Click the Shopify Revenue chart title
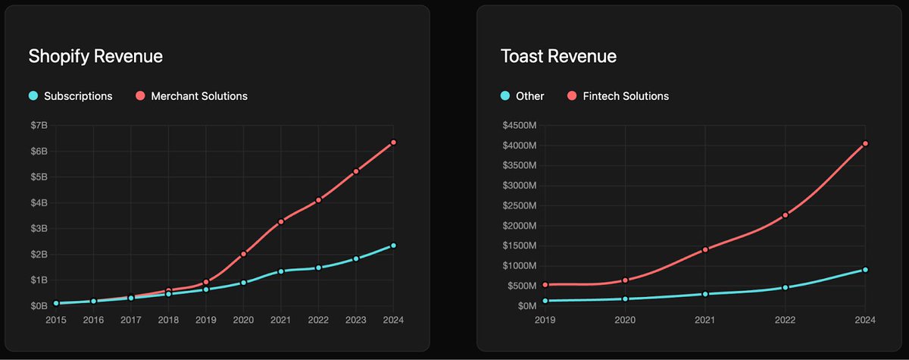[x=95, y=56]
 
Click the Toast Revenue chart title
[x=558, y=56]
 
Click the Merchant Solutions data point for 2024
[x=393, y=142]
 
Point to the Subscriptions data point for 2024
[x=393, y=246]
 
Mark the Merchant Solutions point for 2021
[x=281, y=221]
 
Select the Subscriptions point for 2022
[x=319, y=268]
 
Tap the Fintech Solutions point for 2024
[x=865, y=143]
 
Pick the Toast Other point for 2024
[x=865, y=270]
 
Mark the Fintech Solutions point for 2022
[x=786, y=215]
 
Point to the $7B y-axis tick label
[x=38, y=125]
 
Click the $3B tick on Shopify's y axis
[x=38, y=228]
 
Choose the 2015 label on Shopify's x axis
[x=56, y=321]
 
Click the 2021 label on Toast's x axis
[x=705, y=321]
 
